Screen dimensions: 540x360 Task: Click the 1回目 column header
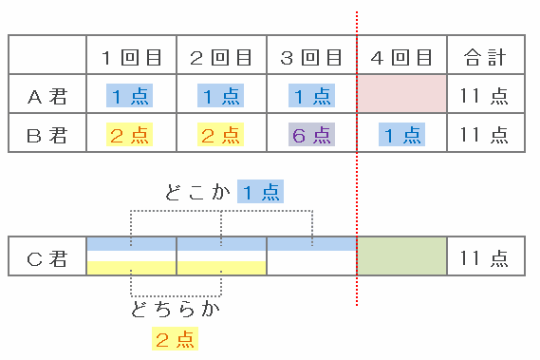[132, 57]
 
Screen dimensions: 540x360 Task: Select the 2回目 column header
[221, 57]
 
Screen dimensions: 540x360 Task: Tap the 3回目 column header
[311, 57]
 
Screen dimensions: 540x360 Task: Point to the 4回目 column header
[401, 57]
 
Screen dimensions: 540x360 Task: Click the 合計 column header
[485, 57]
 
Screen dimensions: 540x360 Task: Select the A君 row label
[47, 96]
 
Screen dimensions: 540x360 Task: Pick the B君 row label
[47, 135]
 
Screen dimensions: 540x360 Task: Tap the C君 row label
[47, 258]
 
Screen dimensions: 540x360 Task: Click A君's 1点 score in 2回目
[220, 96]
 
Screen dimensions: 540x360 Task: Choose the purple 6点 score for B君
[311, 135]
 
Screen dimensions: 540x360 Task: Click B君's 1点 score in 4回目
[401, 135]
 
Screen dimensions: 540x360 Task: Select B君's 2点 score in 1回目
[129, 135]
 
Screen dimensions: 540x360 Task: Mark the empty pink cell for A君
[401, 93]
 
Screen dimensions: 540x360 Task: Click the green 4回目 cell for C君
[401, 256]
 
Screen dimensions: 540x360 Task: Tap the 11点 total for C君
[484, 258]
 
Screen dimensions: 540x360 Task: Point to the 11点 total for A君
[484, 96]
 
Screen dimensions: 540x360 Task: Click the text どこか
[197, 192]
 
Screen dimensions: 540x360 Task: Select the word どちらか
[176, 309]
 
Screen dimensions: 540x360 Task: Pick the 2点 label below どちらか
[175, 338]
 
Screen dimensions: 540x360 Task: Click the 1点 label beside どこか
[260, 191]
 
